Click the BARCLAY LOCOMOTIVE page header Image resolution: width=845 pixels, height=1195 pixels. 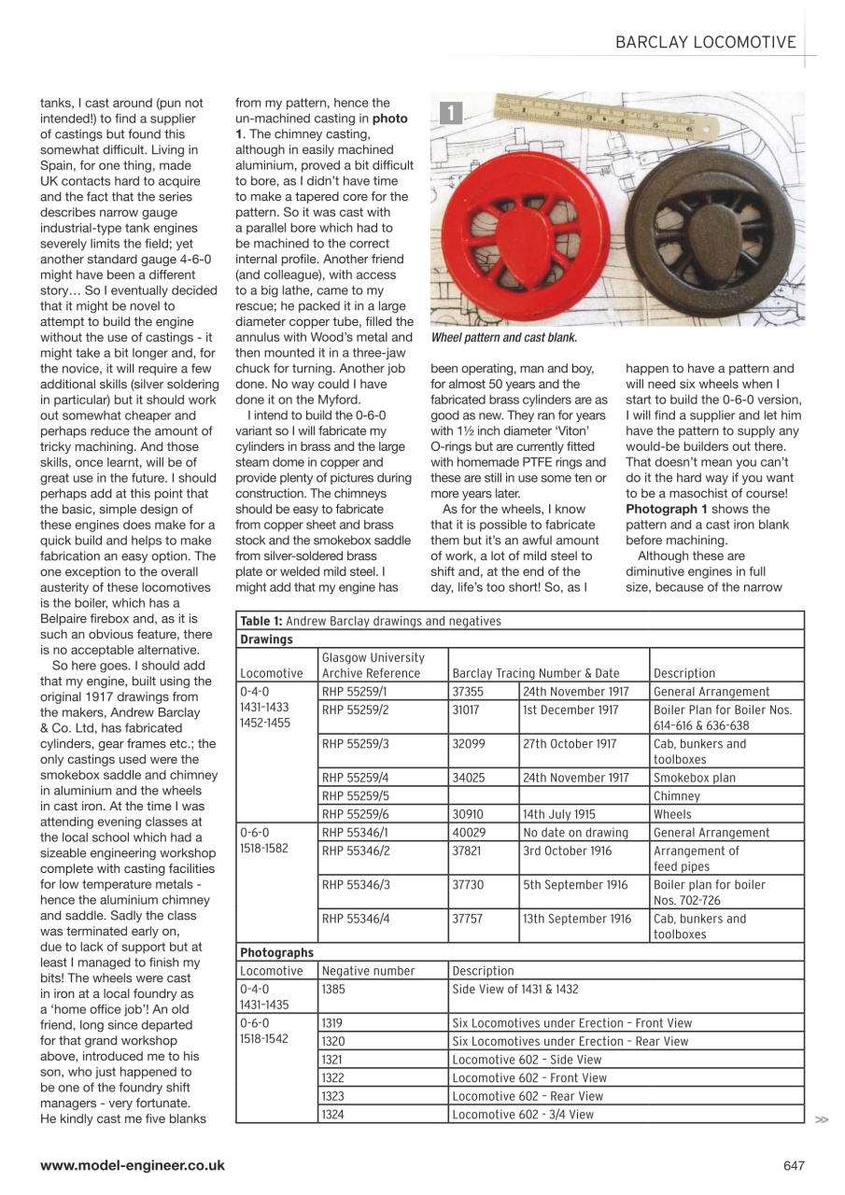coord(706,41)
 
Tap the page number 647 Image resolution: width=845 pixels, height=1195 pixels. coord(794,1164)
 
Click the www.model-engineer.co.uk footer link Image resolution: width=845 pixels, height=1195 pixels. coord(132,1164)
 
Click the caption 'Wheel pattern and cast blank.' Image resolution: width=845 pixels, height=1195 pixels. coord(503,337)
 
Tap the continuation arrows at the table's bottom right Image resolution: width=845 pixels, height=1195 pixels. coord(821,1117)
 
